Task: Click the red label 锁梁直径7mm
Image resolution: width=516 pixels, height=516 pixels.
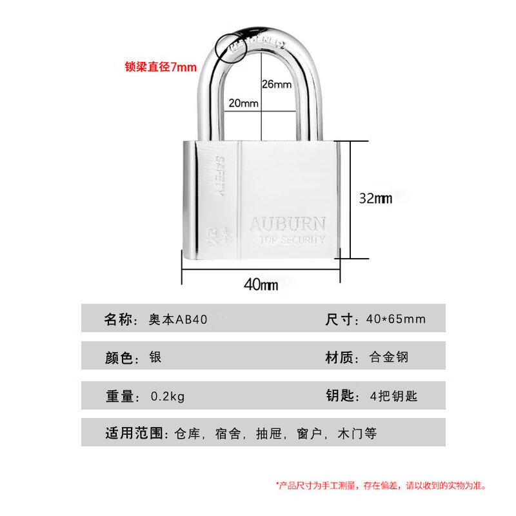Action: point(160,67)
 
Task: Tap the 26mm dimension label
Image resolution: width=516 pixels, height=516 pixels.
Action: point(277,84)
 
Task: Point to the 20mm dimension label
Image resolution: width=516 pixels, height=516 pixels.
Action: point(243,103)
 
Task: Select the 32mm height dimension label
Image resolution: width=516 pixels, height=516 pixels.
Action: point(375,199)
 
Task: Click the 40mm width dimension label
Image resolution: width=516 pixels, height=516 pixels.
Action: point(260,284)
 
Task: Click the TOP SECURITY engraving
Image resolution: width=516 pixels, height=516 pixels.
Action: point(291,240)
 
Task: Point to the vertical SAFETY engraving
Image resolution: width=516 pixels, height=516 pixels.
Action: point(218,175)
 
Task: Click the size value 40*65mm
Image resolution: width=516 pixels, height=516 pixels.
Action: point(395,319)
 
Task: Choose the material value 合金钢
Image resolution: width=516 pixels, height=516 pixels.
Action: point(389,357)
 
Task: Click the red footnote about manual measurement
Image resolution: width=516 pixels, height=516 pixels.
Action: point(381,485)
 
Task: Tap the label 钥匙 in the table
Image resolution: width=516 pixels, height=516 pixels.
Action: point(341,396)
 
